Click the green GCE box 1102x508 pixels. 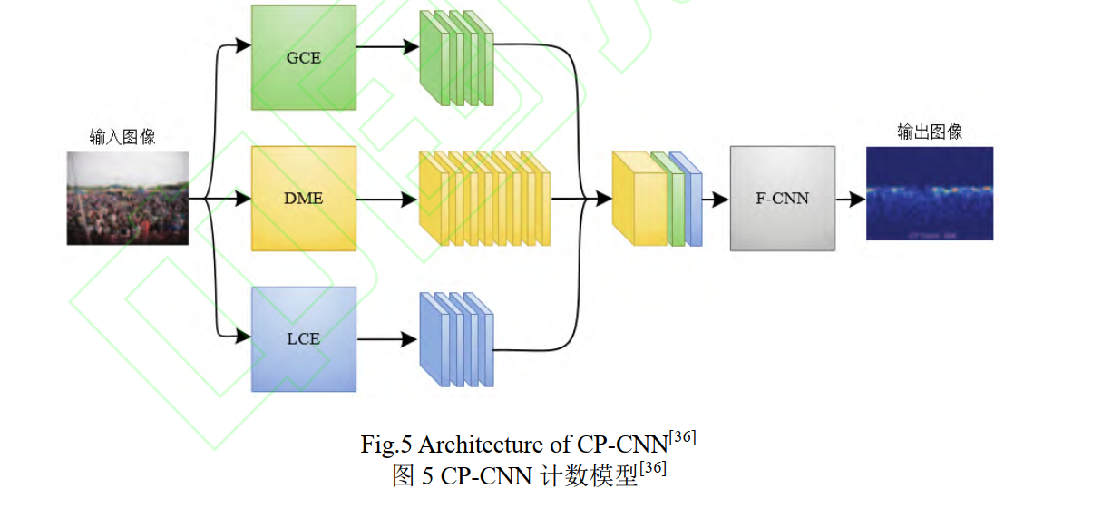coord(304,58)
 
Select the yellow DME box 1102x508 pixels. coord(304,198)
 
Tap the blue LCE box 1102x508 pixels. coord(304,338)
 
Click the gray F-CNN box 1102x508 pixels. coord(782,198)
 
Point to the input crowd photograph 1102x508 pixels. coord(128,198)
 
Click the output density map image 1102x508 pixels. coord(930,193)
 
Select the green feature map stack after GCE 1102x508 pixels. coord(456,59)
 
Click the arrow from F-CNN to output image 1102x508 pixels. coord(850,198)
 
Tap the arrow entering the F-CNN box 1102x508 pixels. coord(717,198)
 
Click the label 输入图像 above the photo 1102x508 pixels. coord(122,137)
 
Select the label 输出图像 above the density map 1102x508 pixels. coord(930,132)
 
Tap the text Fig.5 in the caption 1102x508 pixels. coord(386,445)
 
